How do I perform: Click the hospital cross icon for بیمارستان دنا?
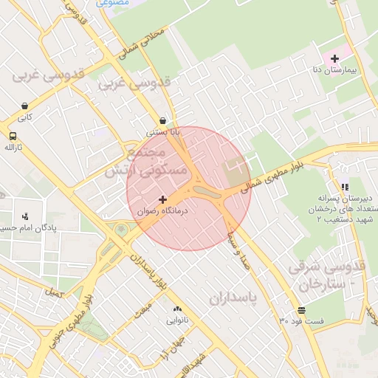pyautogui.click(x=334, y=58)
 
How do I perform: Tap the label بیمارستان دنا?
pyautogui.click(x=334, y=70)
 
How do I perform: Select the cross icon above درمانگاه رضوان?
pyautogui.click(x=162, y=199)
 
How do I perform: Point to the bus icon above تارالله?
pyautogui.click(x=13, y=136)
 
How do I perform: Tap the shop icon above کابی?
pyautogui.click(x=27, y=105)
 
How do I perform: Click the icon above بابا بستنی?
pyautogui.click(x=162, y=120)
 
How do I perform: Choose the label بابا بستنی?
pyautogui.click(x=162, y=133)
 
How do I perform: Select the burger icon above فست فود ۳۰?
pyautogui.click(x=301, y=310)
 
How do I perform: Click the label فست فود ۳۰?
pyautogui.click(x=301, y=321)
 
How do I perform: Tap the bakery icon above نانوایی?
pyautogui.click(x=176, y=309)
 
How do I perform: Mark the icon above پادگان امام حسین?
pyautogui.click(x=27, y=216)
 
